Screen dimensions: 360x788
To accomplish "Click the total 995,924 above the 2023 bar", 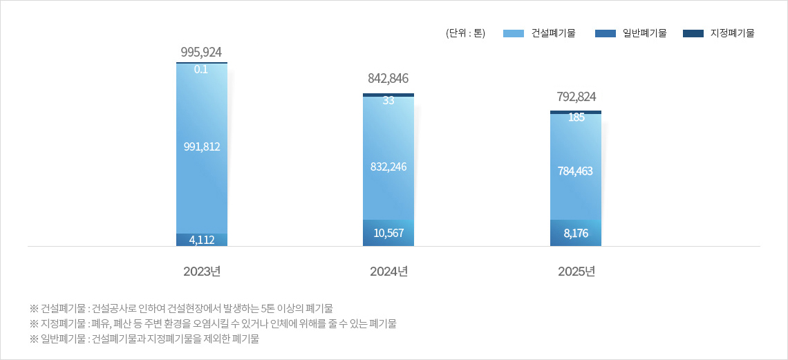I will pyautogui.click(x=201, y=52).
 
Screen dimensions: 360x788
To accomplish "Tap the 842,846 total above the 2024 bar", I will pyautogui.click(x=388, y=79).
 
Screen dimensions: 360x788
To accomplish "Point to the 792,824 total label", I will pyautogui.click(x=576, y=97).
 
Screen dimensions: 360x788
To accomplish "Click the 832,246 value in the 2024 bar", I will pyautogui.click(x=388, y=166).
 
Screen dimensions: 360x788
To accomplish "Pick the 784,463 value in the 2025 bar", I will pyautogui.click(x=576, y=171).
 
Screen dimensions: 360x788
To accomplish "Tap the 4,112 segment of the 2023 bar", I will pyautogui.click(x=201, y=240).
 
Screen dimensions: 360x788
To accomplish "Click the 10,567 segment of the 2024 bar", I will pyautogui.click(x=388, y=233).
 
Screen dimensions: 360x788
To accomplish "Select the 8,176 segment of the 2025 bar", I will pyautogui.click(x=576, y=233).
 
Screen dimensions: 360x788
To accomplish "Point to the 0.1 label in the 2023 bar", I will pyautogui.click(x=201, y=69).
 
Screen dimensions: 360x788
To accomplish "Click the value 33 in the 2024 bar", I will pyautogui.click(x=388, y=100).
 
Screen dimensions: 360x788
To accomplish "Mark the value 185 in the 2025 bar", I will pyautogui.click(x=576, y=117).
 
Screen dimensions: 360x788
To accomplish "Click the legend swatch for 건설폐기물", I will pyautogui.click(x=514, y=33).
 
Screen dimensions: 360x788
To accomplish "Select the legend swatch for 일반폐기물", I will pyautogui.click(x=605, y=33).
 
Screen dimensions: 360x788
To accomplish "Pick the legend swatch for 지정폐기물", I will pyautogui.click(x=693, y=33).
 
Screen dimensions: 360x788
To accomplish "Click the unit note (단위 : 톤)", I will pyautogui.click(x=466, y=33).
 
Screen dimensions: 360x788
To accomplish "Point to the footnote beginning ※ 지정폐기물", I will pyautogui.click(x=213, y=323).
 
